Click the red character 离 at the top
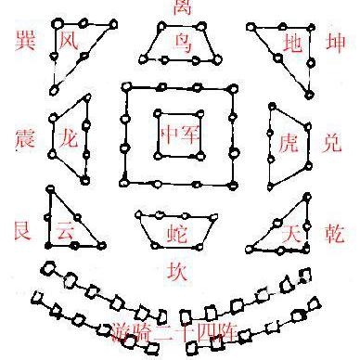[181, 8]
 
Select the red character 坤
[336, 43]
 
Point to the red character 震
[25, 139]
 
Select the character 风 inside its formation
[68, 41]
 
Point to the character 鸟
[182, 41]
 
